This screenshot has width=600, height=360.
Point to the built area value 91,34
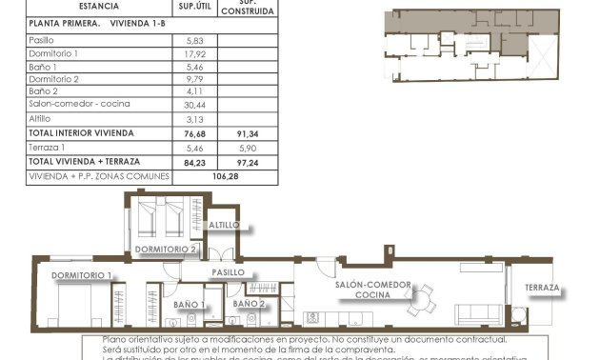click(x=247, y=133)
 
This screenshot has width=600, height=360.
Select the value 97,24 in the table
click(x=247, y=162)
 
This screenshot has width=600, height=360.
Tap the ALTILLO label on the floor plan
click(x=225, y=225)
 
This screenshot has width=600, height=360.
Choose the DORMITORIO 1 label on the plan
click(x=82, y=276)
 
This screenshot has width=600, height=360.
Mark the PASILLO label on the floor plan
click(x=229, y=272)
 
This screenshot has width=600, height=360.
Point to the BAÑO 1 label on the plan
click(x=190, y=305)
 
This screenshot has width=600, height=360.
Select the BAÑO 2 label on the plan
click(x=249, y=304)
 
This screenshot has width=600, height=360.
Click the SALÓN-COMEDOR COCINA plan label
click(x=372, y=290)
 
